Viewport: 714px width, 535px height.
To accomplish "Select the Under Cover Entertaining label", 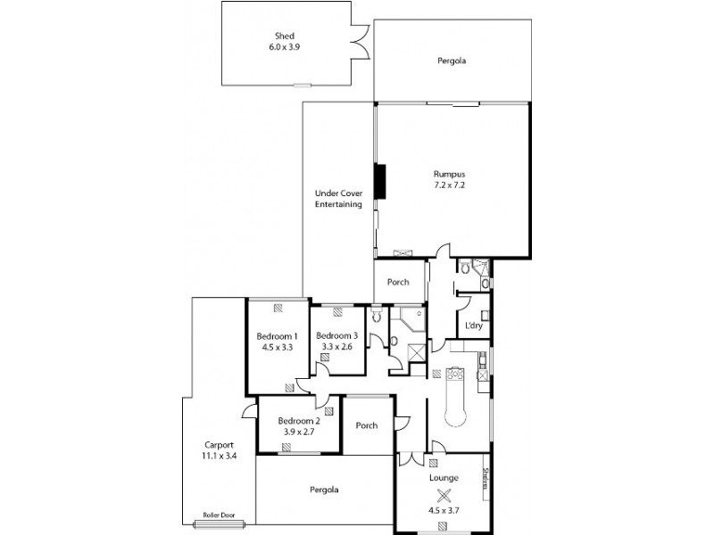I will [x=338, y=199].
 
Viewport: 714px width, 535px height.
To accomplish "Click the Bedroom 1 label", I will [x=278, y=335].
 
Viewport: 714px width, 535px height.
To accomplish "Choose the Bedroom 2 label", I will [x=298, y=421].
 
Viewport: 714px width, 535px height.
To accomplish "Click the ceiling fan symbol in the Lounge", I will [x=444, y=498].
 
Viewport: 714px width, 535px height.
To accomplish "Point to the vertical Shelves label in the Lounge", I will [x=486, y=479].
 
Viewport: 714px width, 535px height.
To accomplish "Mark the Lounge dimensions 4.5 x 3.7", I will [x=444, y=512].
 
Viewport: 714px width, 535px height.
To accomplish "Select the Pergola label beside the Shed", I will [x=452, y=62].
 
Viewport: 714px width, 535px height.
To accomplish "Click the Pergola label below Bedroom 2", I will [x=325, y=490].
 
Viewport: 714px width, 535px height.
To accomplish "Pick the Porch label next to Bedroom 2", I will [x=367, y=425].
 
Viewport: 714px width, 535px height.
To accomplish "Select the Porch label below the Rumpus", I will [x=397, y=282].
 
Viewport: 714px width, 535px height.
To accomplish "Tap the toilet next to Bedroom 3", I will [x=376, y=316].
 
